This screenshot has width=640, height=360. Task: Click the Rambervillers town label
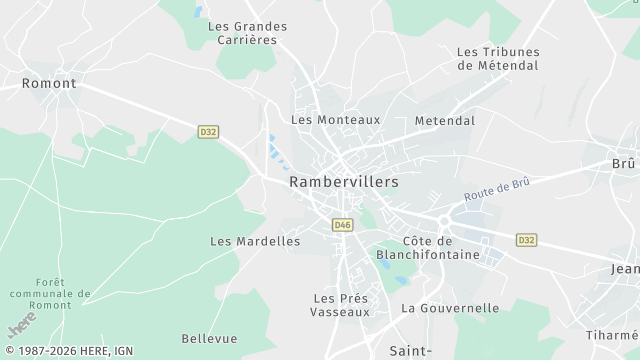pos(343,182)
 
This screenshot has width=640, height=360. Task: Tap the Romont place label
pos(49,84)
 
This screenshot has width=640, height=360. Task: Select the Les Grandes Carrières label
pos(247,33)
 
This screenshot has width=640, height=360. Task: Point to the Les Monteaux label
pos(335,119)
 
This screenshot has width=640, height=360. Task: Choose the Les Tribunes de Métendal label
pos(497,58)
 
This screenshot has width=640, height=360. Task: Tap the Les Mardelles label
pos(255,241)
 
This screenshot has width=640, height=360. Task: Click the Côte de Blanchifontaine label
pos(441,248)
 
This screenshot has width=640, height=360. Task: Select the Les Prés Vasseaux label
pos(341,305)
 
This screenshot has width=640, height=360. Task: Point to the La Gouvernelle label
pos(450,308)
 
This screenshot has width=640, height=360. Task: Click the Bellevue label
pos(209,339)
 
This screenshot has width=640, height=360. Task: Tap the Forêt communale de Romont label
pos(48,293)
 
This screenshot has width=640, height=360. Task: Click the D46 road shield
pos(343,225)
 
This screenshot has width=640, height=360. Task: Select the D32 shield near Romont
pos(208,132)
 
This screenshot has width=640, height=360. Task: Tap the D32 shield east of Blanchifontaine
pos(527,240)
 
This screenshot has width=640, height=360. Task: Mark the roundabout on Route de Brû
pos(442,220)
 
